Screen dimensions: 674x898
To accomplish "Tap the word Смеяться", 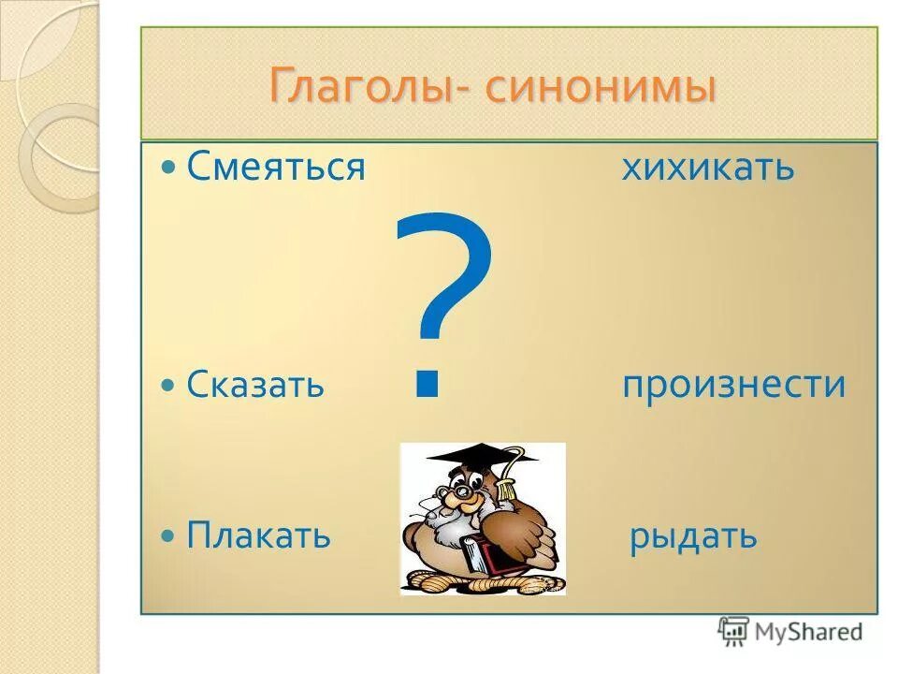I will [275, 168].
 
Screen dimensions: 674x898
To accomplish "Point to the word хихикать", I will [707, 168].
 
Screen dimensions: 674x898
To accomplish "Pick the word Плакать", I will [259, 535].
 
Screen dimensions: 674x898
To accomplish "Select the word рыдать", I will [692, 537].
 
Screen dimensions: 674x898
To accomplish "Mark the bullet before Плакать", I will [168, 536].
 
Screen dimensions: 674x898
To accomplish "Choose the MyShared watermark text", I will [808, 632].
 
